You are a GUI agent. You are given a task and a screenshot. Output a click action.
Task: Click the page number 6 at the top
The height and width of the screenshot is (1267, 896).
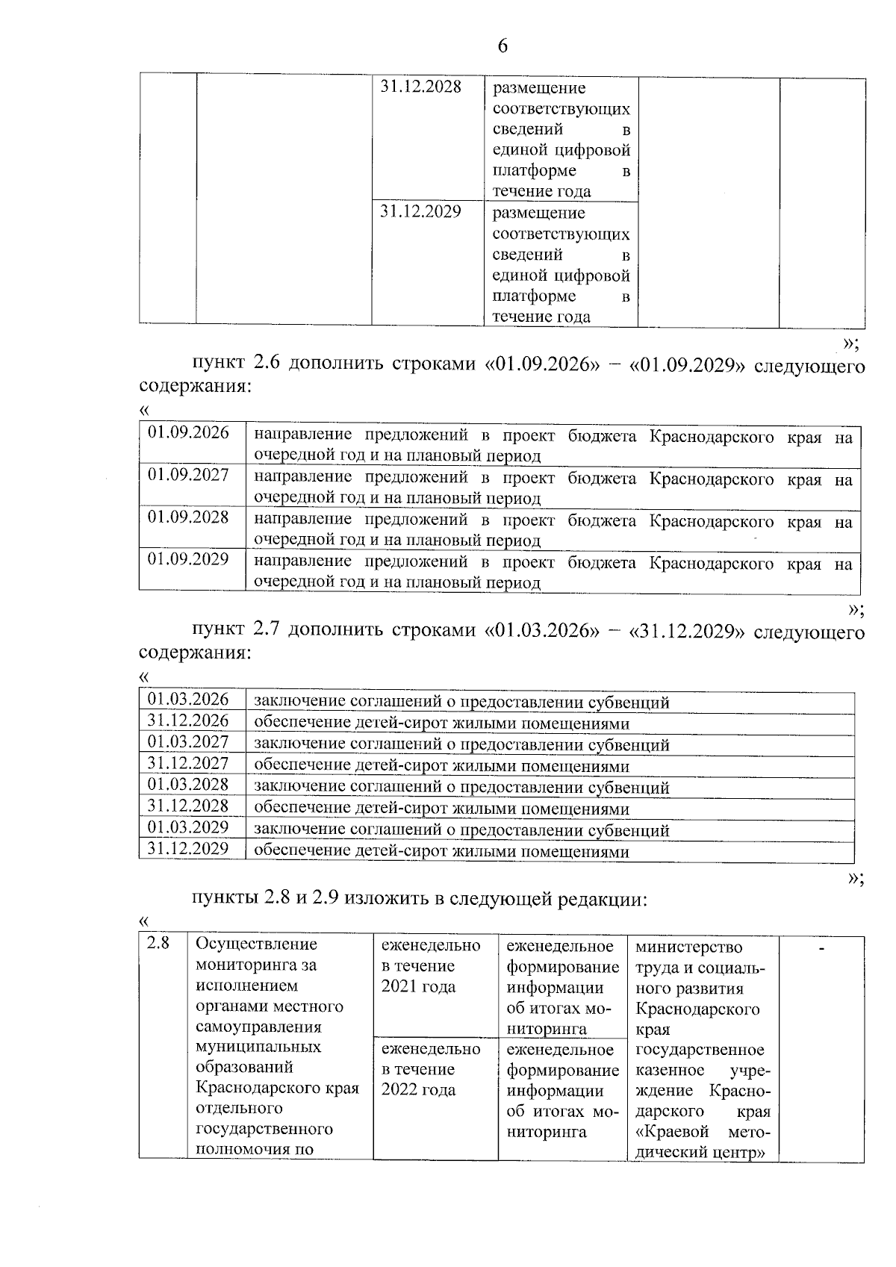coord(502,46)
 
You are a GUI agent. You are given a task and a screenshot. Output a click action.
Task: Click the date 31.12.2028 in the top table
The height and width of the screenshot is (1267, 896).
coord(421,87)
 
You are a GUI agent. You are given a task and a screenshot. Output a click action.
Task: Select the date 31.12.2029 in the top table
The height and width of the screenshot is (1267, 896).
coord(421,211)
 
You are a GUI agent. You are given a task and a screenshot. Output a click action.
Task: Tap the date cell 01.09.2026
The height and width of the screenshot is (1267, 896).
coord(188,433)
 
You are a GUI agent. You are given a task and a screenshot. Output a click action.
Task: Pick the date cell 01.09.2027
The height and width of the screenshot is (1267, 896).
coord(188,475)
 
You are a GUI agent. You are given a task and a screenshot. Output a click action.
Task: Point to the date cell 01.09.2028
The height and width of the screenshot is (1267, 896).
coord(188,517)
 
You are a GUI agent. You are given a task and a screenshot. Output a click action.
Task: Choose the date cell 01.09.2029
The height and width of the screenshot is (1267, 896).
coord(188,559)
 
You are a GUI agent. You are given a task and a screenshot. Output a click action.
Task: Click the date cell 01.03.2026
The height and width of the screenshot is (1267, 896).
coord(188,700)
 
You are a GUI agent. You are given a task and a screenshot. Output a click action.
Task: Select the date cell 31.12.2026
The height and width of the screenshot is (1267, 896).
coord(188,721)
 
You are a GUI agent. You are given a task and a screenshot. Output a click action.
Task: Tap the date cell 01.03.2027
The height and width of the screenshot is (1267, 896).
coord(188,742)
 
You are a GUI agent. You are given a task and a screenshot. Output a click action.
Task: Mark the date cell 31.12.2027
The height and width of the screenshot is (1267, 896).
coord(188,763)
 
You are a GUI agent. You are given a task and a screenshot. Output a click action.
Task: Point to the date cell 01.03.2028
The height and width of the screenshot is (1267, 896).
coord(188,785)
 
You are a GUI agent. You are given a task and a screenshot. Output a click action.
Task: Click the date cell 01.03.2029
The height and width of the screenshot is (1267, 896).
coord(188,827)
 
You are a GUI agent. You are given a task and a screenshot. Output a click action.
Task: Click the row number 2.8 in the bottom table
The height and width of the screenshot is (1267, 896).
coord(158,944)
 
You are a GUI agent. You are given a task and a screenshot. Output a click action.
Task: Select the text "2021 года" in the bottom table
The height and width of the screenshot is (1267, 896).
coord(418,987)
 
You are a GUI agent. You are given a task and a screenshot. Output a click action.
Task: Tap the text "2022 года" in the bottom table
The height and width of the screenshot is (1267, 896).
coord(418,1090)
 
